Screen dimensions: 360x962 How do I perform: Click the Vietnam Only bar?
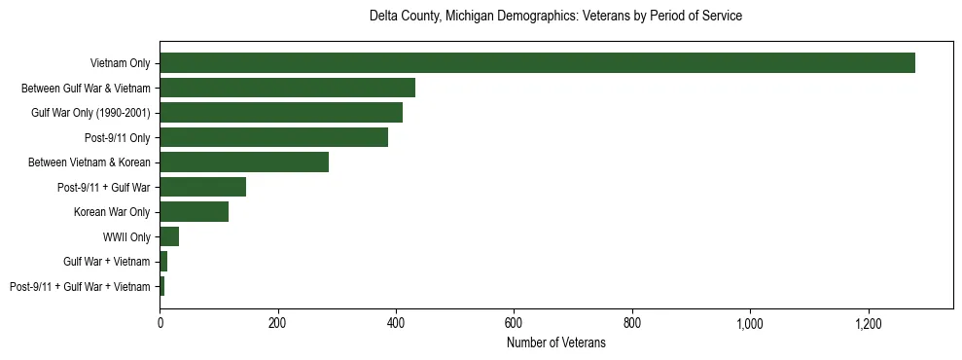click(x=537, y=63)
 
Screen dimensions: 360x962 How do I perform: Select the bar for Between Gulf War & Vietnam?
click(x=290, y=88)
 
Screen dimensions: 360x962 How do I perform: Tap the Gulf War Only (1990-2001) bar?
click(x=281, y=112)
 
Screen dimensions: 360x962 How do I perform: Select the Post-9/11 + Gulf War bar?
click(x=202, y=187)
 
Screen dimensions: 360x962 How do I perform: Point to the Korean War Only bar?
click(x=194, y=211)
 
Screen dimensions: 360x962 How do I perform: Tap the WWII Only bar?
click(x=169, y=236)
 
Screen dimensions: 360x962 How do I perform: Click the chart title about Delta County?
click(x=555, y=17)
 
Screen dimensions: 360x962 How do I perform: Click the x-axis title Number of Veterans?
click(x=555, y=342)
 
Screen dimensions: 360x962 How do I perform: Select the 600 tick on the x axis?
click(x=514, y=323)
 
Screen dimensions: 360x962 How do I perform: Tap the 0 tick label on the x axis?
click(x=160, y=323)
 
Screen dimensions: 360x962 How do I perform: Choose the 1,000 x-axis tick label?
click(x=750, y=323)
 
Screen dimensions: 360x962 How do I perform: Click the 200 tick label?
click(x=277, y=323)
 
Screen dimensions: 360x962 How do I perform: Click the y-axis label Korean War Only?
click(x=112, y=212)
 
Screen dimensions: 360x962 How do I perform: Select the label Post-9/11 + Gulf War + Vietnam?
click(x=80, y=286)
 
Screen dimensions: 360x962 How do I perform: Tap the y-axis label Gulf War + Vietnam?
click(x=106, y=262)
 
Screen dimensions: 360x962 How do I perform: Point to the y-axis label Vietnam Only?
click(x=119, y=63)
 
